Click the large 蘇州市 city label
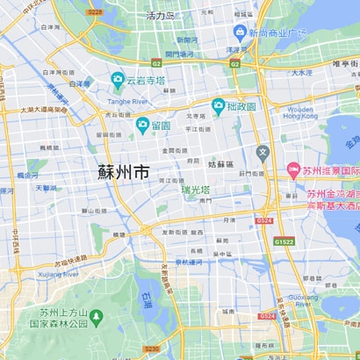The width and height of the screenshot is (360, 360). [123, 172]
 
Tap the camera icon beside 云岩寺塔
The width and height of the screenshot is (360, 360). [117, 81]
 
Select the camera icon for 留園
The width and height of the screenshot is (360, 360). [141, 126]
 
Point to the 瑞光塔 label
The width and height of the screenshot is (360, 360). [197, 190]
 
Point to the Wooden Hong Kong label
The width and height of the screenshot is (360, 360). [301, 112]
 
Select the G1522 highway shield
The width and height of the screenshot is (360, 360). [284, 241]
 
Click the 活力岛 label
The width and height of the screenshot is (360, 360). [161, 16]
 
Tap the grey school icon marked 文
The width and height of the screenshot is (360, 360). [262, 152]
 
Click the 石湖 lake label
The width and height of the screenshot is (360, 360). [146, 299]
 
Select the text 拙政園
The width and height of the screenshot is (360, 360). [240, 106]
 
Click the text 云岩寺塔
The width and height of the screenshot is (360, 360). [145, 81]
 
